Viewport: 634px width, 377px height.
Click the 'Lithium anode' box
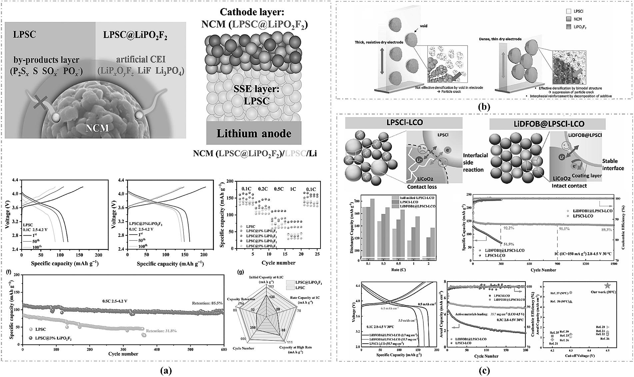tap(254, 133)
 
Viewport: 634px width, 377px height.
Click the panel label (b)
tap(484, 107)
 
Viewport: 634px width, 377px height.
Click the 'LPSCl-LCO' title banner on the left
tap(404, 123)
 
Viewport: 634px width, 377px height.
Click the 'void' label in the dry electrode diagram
tap(424, 26)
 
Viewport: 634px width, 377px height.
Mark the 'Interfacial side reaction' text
tap(475, 162)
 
